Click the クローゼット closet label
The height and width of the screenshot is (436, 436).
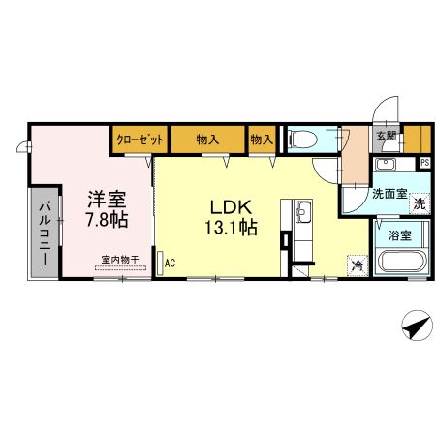(139, 139)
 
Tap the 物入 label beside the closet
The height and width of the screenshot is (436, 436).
(207, 139)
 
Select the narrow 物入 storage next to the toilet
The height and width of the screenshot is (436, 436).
(262, 139)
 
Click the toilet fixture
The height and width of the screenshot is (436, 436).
(300, 138)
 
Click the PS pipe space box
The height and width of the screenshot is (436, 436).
(424, 163)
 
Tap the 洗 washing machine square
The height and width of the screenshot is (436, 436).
(419, 203)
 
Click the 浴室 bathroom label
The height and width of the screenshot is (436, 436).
(400, 234)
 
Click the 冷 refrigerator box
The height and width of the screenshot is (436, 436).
(358, 265)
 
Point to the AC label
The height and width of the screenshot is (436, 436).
(170, 262)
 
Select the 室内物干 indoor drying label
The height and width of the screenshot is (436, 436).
(121, 260)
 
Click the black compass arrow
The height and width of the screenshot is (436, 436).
(415, 327)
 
